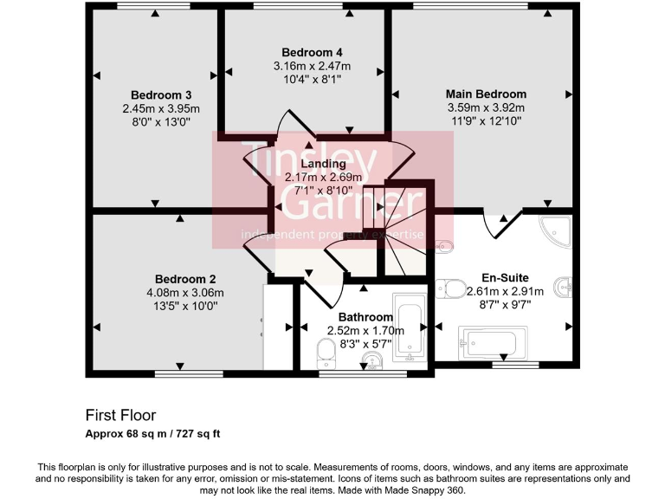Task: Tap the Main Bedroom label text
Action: pyautogui.click(x=486, y=94)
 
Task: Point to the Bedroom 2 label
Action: pyautogui.click(x=185, y=279)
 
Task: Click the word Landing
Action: pyautogui.click(x=323, y=164)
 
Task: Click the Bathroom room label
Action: pyautogui.click(x=365, y=317)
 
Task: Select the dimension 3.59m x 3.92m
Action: pyautogui.click(x=486, y=107)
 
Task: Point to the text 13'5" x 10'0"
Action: pyautogui.click(x=185, y=305)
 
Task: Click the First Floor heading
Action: pyautogui.click(x=120, y=415)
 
